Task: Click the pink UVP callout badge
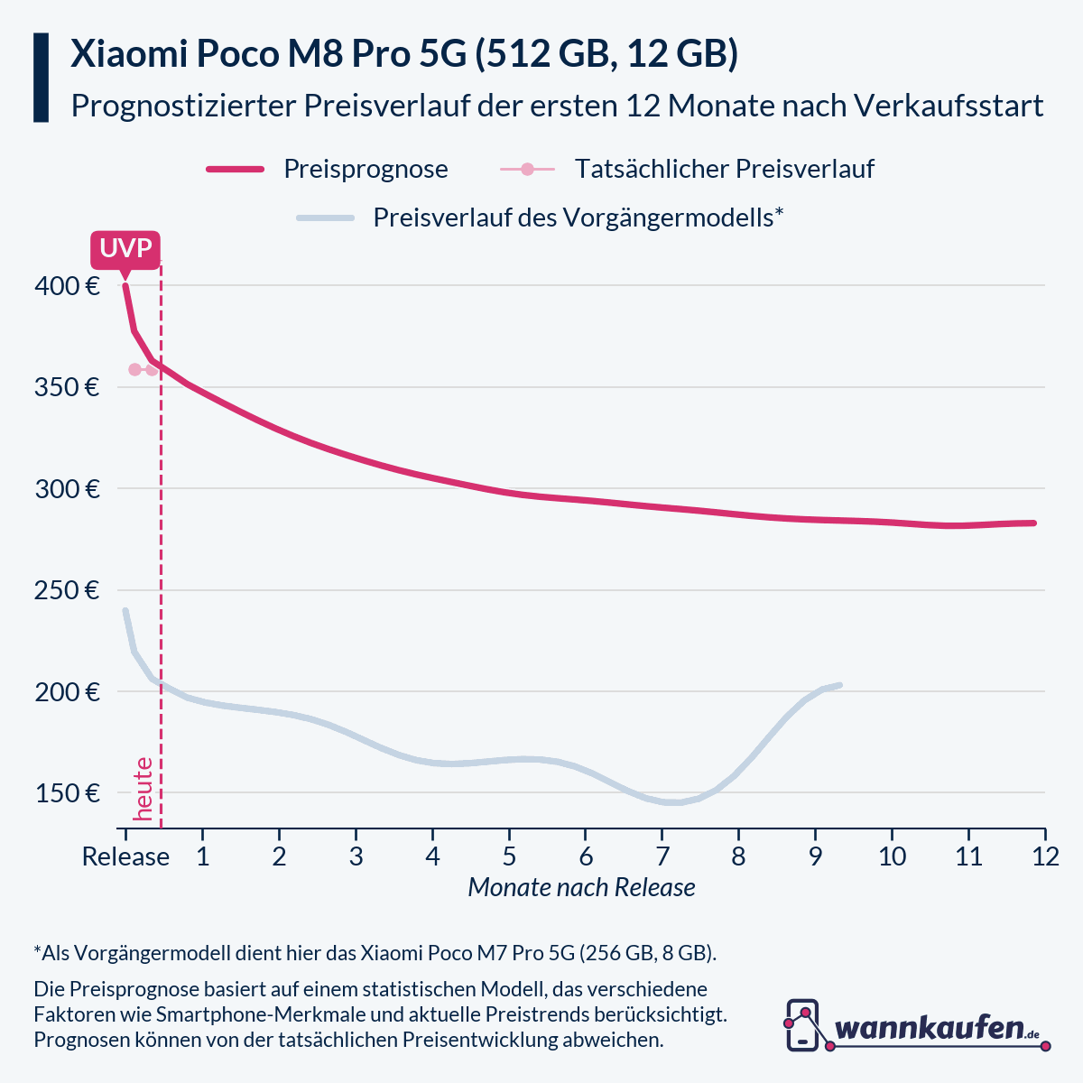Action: pos(125,249)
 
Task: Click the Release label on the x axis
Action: pos(125,856)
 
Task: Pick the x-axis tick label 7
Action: pos(662,856)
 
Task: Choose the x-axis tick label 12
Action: pos(1044,856)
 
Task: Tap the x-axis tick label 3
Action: pos(356,856)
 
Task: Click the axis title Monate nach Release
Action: pos(581,888)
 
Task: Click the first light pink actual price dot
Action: pos(135,369)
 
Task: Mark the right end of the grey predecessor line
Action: pos(839,685)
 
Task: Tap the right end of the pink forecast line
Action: pos(1033,523)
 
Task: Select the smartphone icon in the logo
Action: pos(802,1024)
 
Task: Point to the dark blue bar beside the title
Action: pos(41,78)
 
